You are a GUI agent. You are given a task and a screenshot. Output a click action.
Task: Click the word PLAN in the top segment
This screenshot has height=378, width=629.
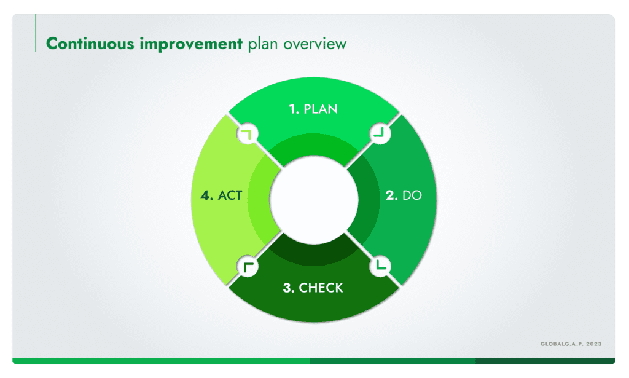320,109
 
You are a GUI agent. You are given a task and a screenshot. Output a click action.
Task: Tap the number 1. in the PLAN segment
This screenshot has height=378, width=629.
294,109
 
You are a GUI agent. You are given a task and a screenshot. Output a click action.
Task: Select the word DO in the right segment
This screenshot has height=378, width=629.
412,195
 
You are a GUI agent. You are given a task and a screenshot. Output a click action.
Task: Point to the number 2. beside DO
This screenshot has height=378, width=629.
391,195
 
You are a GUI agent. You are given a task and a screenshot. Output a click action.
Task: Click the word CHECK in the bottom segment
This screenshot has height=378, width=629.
321,288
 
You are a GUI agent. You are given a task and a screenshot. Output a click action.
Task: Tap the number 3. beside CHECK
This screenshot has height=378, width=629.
289,288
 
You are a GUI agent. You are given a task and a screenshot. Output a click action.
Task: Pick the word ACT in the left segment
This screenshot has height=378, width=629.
230,195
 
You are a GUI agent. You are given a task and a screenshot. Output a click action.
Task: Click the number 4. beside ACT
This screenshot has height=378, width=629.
207,195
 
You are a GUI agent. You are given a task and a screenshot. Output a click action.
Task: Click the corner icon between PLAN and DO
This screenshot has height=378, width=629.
380,133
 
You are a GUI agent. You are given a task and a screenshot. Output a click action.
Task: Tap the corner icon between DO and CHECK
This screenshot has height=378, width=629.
380,266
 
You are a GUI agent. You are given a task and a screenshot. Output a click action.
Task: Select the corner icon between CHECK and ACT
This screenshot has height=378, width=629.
248,266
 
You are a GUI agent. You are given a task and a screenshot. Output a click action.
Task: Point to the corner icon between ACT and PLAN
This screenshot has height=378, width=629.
248,133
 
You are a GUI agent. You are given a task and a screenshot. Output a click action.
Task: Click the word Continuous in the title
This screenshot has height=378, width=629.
90,44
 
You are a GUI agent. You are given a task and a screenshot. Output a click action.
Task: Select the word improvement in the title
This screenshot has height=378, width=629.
191,44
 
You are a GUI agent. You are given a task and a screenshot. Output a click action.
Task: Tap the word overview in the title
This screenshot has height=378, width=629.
315,44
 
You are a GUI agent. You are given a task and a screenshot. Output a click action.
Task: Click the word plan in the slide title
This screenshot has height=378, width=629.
263,44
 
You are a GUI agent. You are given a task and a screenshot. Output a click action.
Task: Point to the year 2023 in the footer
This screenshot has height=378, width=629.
594,344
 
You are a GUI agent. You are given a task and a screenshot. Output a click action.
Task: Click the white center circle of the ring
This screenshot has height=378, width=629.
314,199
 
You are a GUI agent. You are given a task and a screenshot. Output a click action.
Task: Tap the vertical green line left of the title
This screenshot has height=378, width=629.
36,33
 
